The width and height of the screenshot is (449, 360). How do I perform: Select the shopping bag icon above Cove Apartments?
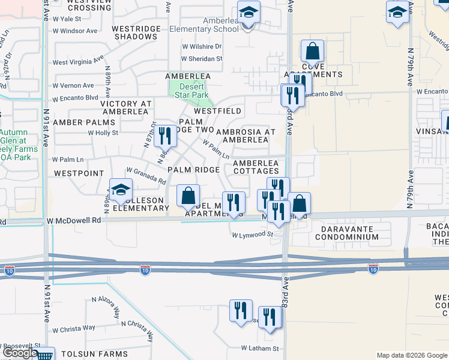point(312,51)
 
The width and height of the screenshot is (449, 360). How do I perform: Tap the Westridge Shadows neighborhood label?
point(134,32)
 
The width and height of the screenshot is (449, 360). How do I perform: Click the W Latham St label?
point(260,348)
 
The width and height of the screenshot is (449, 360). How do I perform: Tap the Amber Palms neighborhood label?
point(83,122)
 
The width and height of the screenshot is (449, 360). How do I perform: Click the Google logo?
point(19,353)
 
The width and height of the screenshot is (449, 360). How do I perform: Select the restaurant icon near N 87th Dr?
point(164,136)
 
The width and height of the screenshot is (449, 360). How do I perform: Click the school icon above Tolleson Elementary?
point(121,189)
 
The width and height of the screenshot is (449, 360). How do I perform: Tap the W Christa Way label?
point(74,328)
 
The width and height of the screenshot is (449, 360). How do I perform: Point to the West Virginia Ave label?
point(76,62)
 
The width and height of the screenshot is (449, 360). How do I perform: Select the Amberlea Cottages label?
point(255,167)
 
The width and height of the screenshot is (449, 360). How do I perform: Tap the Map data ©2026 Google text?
point(411,355)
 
